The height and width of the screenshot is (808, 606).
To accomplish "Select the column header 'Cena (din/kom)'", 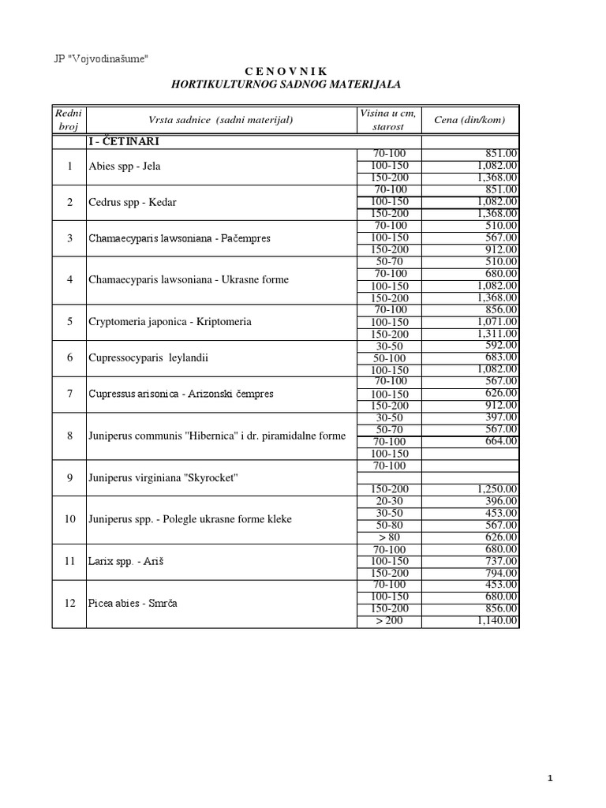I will pyautogui.click(x=469, y=120).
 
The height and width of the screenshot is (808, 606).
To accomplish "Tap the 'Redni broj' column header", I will pyautogui.click(x=69, y=120).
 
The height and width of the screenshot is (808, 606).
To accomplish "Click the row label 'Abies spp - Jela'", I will pyautogui.click(x=125, y=166).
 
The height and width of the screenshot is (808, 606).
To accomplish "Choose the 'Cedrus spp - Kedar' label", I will pyautogui.click(x=133, y=202).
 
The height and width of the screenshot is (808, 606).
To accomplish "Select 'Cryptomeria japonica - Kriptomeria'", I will pyautogui.click(x=166, y=322).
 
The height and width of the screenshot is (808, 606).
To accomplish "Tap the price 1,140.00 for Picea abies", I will pyautogui.click(x=498, y=622).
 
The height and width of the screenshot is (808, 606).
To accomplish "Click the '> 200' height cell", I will pyautogui.click(x=390, y=622).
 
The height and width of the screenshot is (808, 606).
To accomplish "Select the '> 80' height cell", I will pyautogui.click(x=390, y=537).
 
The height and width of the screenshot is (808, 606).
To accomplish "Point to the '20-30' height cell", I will pyautogui.click(x=390, y=501).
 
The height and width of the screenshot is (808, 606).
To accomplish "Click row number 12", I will pyautogui.click(x=69, y=603).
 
